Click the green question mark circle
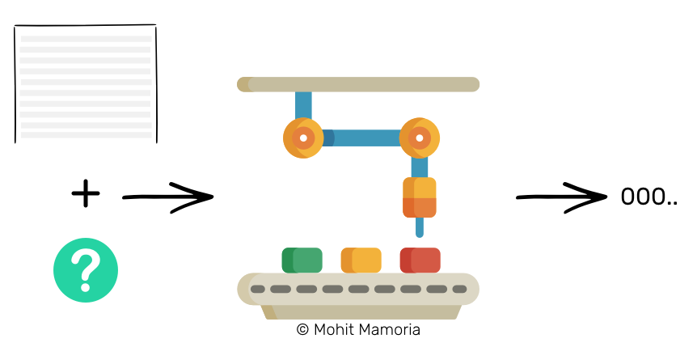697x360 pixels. pos(86,270)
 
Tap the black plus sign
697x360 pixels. pos(86,193)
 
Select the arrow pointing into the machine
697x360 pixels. pos(168,197)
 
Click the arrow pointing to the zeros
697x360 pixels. pos(562,197)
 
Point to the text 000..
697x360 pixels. pos(643,197)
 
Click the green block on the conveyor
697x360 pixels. pos(302,260)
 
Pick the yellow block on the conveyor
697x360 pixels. pos(361,260)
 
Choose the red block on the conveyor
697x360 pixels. pos(420,260)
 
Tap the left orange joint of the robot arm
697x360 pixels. pos(303,138)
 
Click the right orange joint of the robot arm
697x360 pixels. pos(420,138)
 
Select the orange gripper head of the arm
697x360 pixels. pos(419,197)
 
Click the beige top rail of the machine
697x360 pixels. pos(358,85)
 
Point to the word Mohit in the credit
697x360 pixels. pos(334,330)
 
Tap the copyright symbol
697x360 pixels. pos(302,330)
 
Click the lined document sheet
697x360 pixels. pos(86,84)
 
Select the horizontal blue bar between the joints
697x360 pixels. pos(361,138)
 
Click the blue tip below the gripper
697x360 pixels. pos(419,227)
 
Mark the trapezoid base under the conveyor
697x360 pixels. pos(358,312)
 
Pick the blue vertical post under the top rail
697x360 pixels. pos(303,105)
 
